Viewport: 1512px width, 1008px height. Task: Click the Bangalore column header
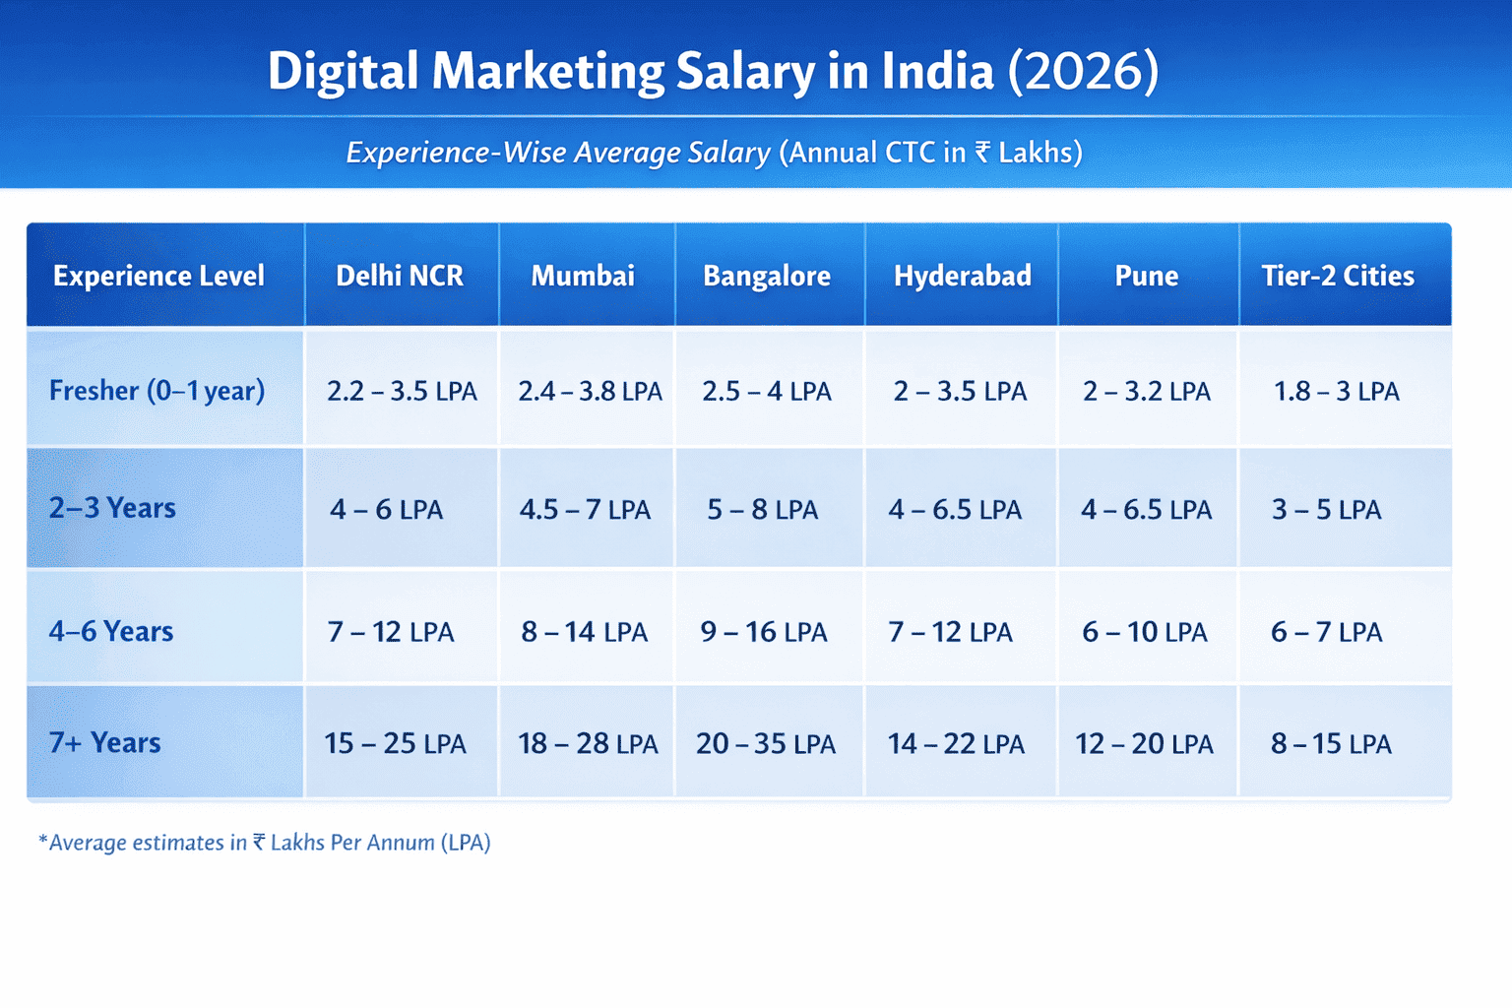pos(767,276)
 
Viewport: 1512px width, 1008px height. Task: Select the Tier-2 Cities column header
pos(1338,276)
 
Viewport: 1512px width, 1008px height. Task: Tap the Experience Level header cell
pos(158,276)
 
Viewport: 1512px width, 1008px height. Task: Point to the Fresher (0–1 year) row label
pos(157,391)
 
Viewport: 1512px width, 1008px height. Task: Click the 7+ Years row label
pos(105,742)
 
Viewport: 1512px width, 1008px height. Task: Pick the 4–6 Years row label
pos(111,631)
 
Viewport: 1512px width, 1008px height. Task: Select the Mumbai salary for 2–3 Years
pos(585,510)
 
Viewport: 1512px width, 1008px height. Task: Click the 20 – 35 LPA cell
pos(766,743)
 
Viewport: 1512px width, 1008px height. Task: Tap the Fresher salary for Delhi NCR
pos(402,392)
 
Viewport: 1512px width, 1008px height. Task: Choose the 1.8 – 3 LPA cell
pos(1336,392)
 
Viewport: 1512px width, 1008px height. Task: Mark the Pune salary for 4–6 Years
pos(1144,632)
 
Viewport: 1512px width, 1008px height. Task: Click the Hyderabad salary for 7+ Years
pos(956,743)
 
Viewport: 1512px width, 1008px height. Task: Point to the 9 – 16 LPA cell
pos(764,632)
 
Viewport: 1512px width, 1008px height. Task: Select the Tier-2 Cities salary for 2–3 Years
pos(1326,510)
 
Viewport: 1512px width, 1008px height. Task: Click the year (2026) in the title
pos(1083,72)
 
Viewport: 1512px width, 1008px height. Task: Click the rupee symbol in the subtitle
pos(982,153)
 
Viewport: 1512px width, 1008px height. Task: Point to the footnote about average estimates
pos(264,843)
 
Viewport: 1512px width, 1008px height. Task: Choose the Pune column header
pos(1147,276)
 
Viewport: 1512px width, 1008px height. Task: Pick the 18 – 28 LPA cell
pos(588,743)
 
